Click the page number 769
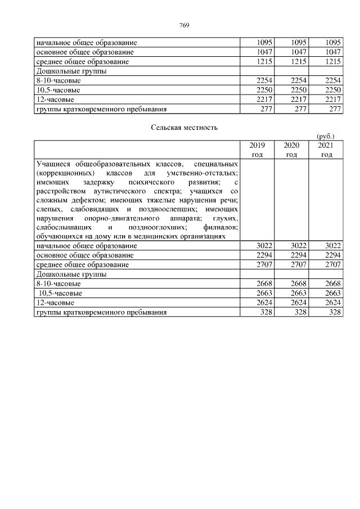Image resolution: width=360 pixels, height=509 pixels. [x=183, y=25]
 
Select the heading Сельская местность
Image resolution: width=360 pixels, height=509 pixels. [x=184, y=127]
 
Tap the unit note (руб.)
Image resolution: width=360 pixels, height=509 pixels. [x=326, y=136]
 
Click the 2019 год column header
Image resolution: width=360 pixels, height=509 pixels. [x=256, y=150]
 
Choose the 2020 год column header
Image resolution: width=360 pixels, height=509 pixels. [x=291, y=150]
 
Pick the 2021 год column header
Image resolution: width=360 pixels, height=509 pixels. [x=326, y=150]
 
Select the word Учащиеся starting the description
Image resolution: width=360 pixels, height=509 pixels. [x=53, y=164]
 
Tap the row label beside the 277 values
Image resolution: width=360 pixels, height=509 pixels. [x=101, y=109]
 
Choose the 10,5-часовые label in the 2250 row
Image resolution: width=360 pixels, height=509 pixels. [x=58, y=90]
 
